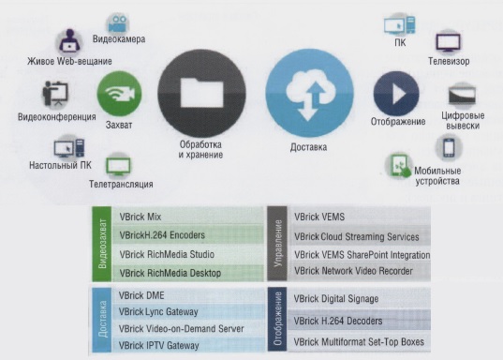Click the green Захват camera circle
click(119, 94)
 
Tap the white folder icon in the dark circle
click(201, 94)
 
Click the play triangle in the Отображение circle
click(399, 94)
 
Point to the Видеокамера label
click(119, 38)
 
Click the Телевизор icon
click(448, 42)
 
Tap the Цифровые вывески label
click(463, 120)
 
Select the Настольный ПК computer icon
click(69, 148)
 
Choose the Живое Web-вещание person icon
click(69, 42)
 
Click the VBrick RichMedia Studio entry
click(167, 254)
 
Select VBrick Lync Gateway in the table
click(158, 311)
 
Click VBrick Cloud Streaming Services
click(357, 236)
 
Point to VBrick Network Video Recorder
click(353, 271)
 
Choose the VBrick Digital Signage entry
click(336, 299)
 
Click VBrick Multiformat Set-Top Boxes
click(359, 341)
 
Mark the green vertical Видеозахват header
click(102, 244)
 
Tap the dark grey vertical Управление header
click(277, 244)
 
